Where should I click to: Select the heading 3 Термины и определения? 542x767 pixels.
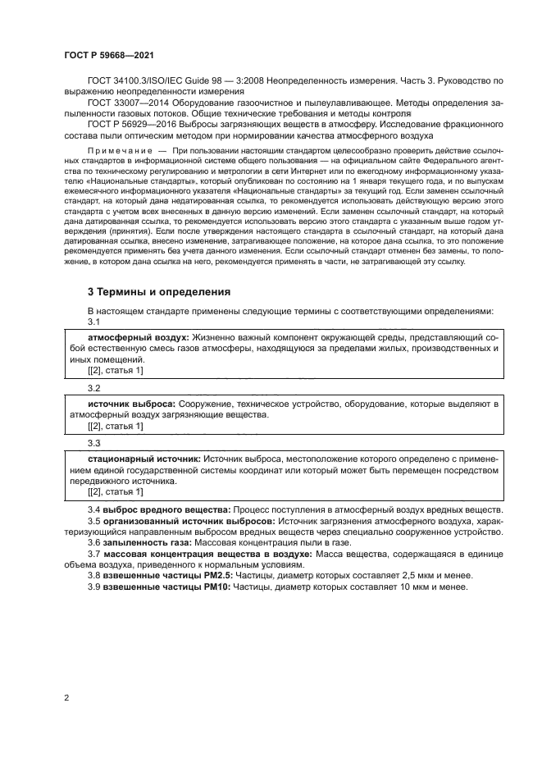point(159,291)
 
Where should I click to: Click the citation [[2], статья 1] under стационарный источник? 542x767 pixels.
point(116,492)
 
